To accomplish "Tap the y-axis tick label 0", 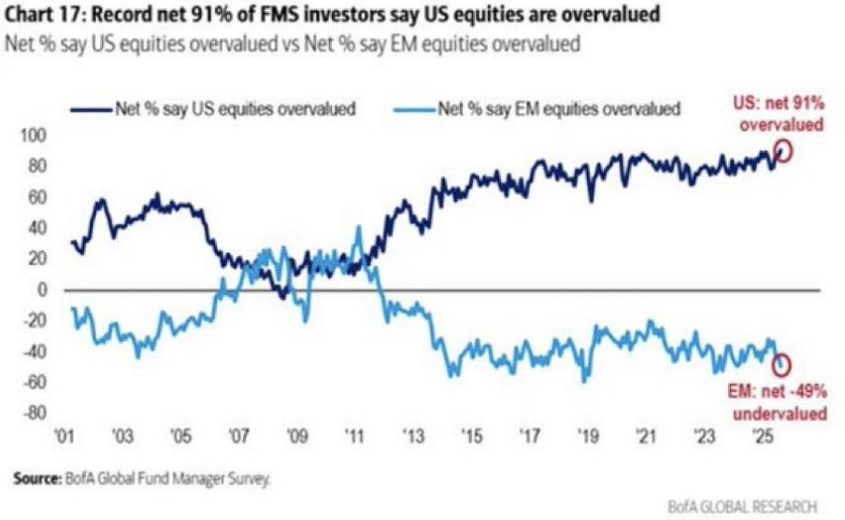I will (x=42, y=290).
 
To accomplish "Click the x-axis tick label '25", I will (x=763, y=436).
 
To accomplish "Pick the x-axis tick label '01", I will (x=65, y=436).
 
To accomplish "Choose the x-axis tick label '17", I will (x=531, y=436).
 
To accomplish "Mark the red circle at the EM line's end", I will (x=781, y=364).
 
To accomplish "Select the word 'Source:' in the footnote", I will (x=36, y=479).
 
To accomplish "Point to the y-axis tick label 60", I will (x=36, y=198).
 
